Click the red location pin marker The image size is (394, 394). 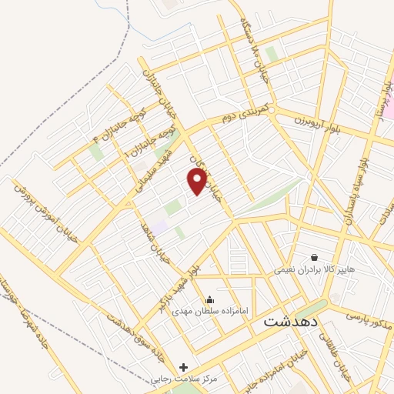click(198, 182)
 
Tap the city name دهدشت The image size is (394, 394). click(291, 322)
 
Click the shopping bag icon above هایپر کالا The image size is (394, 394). click(314, 257)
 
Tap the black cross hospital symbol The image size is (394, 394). click(183, 367)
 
